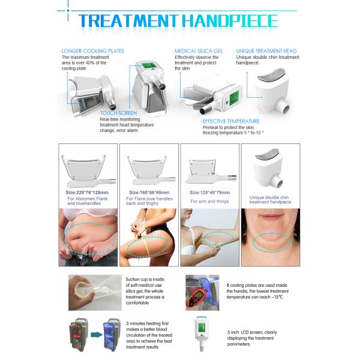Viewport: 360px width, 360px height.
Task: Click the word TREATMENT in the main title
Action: [x=128, y=21]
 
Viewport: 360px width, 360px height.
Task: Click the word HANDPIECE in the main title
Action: [x=230, y=21]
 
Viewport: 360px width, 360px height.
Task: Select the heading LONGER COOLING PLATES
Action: [x=92, y=51]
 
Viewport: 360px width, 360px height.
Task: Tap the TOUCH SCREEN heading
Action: [x=118, y=113]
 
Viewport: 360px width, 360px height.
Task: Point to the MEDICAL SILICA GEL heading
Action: [x=199, y=51]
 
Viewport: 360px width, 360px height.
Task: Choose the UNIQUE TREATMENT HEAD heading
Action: [x=266, y=51]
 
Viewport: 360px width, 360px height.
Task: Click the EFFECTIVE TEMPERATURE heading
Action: [x=231, y=121]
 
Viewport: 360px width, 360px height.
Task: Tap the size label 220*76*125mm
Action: [x=87, y=193]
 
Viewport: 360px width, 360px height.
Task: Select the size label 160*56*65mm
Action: [x=149, y=193]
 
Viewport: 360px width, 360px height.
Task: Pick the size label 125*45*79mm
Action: [x=209, y=193]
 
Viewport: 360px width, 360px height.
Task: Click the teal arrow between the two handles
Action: [x=97, y=335]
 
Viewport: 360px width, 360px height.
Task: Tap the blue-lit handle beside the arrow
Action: [x=112, y=335]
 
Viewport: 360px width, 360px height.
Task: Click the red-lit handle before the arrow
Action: [x=78, y=335]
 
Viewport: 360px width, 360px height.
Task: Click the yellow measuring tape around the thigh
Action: [x=146, y=245]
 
